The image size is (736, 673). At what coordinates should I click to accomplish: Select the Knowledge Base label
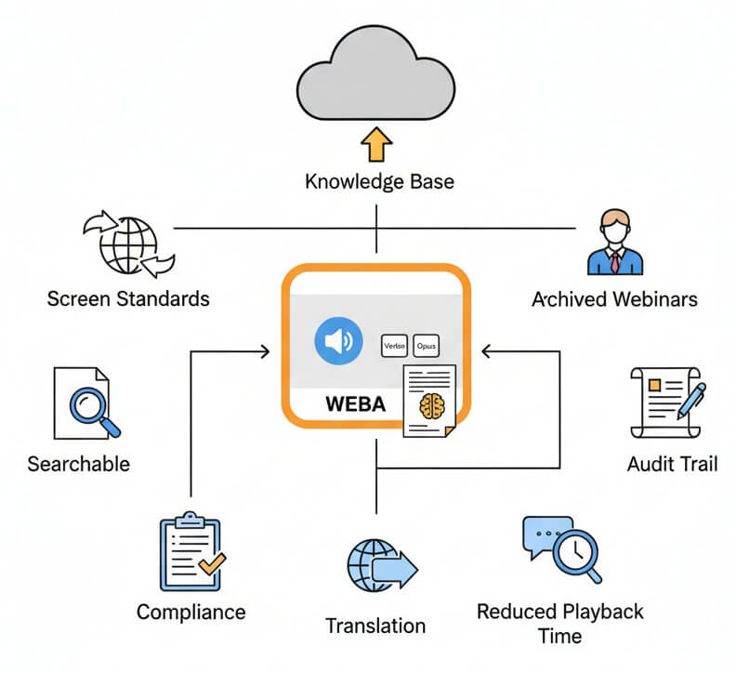(379, 180)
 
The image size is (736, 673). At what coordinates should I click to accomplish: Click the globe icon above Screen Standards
(128, 244)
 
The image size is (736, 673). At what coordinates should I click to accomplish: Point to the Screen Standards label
(128, 299)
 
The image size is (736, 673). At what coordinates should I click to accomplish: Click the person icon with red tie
(614, 244)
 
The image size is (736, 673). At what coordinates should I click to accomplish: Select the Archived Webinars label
(614, 299)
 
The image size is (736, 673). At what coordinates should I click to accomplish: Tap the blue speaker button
(338, 342)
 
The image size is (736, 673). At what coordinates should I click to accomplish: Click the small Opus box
(427, 345)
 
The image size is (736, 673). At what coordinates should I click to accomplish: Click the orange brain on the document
(431, 405)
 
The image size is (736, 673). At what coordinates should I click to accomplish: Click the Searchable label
(79, 463)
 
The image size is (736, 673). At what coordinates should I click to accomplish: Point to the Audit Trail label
(673, 463)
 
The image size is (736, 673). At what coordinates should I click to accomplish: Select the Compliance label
(191, 612)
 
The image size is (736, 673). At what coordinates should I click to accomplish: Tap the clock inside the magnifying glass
(575, 551)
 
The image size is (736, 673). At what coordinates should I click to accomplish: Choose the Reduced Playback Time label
(559, 624)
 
